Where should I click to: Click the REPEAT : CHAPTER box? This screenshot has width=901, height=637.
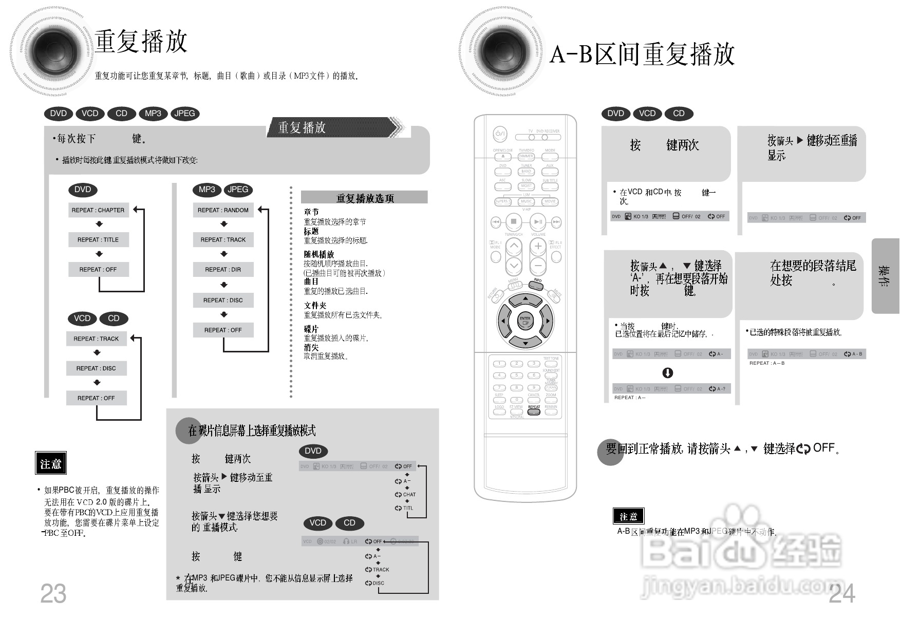pos(98,210)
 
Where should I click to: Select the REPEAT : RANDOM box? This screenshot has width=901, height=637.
pos(223,210)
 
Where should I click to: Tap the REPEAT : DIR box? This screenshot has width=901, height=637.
pos(223,270)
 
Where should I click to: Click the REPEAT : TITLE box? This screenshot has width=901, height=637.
pos(98,240)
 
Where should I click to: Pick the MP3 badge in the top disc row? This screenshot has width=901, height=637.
pos(153,114)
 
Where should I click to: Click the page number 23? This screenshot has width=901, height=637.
pos(53,594)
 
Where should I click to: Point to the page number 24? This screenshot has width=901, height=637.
pos(842,594)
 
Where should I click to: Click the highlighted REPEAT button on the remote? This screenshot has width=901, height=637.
pos(534,411)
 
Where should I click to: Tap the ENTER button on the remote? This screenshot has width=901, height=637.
pos(525,320)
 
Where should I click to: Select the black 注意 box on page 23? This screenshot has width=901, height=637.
pos(50,464)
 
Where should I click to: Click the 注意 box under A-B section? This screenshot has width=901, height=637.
pos(628,516)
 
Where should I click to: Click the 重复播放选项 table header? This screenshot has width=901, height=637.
pos(364,198)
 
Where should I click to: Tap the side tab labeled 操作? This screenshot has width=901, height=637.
pos(885,276)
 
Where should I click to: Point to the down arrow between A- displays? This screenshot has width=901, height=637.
pos(667,373)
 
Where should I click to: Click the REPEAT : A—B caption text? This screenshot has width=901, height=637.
pos(766,363)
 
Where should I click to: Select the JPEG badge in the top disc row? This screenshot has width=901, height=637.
pos(184,114)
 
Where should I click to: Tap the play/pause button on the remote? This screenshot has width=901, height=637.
pos(538,222)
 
